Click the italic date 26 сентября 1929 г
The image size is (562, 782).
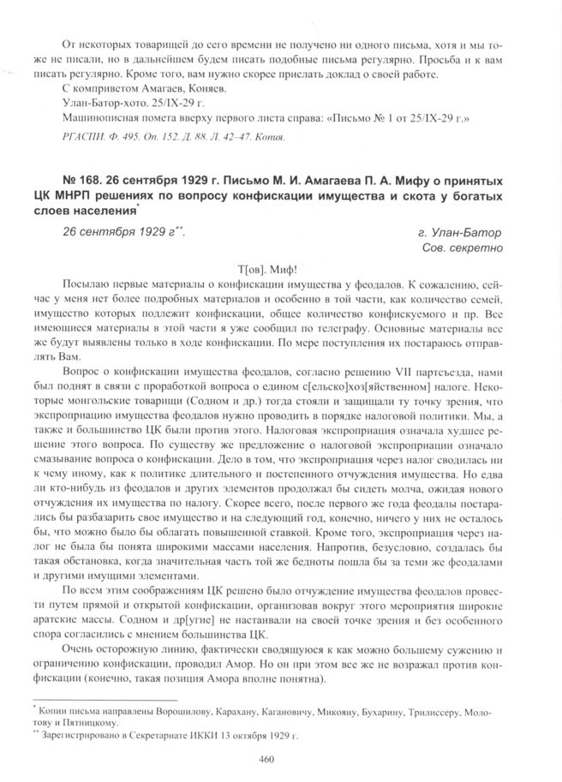click(x=120, y=233)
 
